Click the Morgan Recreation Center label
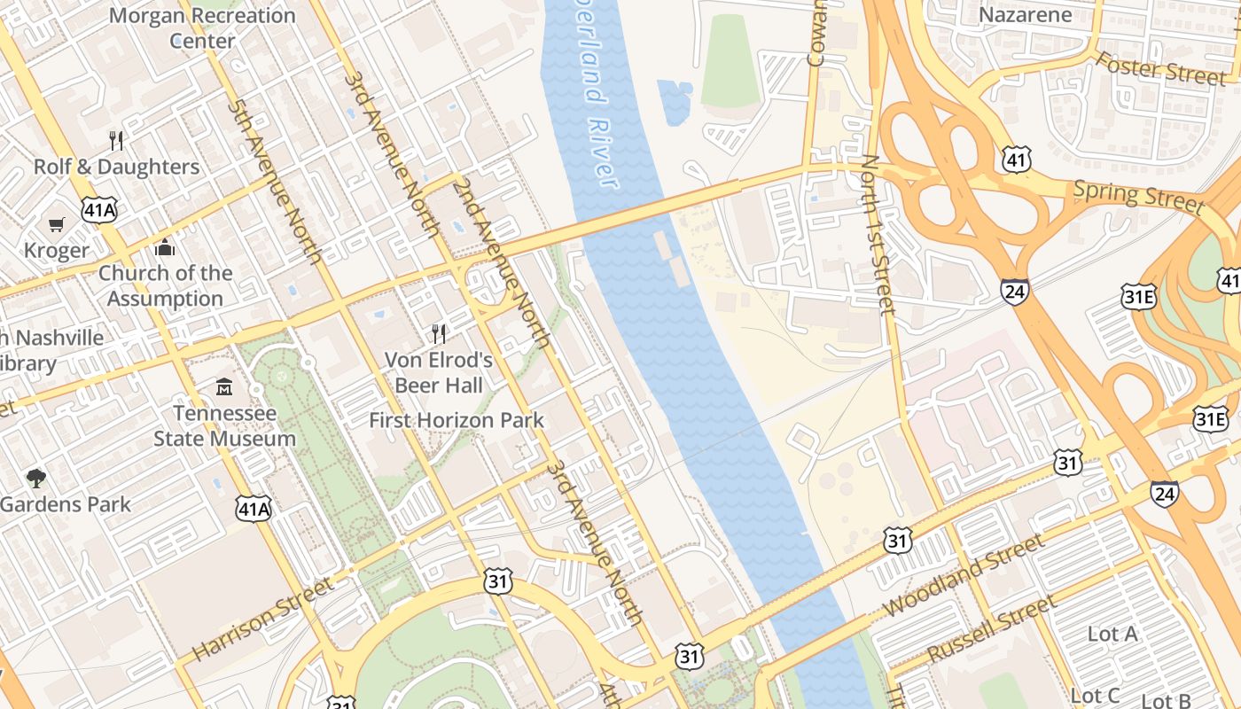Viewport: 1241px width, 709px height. pyautogui.click(x=202, y=28)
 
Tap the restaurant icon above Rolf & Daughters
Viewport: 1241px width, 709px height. pyautogui.click(x=116, y=140)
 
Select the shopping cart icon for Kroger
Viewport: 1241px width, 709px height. pyautogui.click(x=57, y=224)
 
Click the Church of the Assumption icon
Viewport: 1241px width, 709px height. pyautogui.click(x=165, y=247)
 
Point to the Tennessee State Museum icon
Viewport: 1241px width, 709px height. pyautogui.click(x=224, y=387)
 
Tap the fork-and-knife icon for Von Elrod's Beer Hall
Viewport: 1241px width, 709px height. pyautogui.click(x=439, y=333)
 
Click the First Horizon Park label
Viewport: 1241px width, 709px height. pyautogui.click(x=457, y=420)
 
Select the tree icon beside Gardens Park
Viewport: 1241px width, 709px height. pyautogui.click(x=36, y=479)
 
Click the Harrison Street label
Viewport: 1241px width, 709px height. pyautogui.click(x=263, y=619)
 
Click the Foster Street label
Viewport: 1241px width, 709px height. pyautogui.click(x=1161, y=68)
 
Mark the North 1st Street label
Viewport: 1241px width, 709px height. pyautogui.click(x=878, y=235)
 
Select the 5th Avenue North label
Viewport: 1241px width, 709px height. pyautogui.click(x=274, y=182)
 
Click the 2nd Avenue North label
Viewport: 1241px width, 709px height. pyautogui.click(x=502, y=262)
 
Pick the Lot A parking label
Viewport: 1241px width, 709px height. pyautogui.click(x=1112, y=634)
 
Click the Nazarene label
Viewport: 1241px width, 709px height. pyautogui.click(x=1025, y=15)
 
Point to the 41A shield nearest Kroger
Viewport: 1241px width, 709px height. pyautogui.click(x=98, y=210)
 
